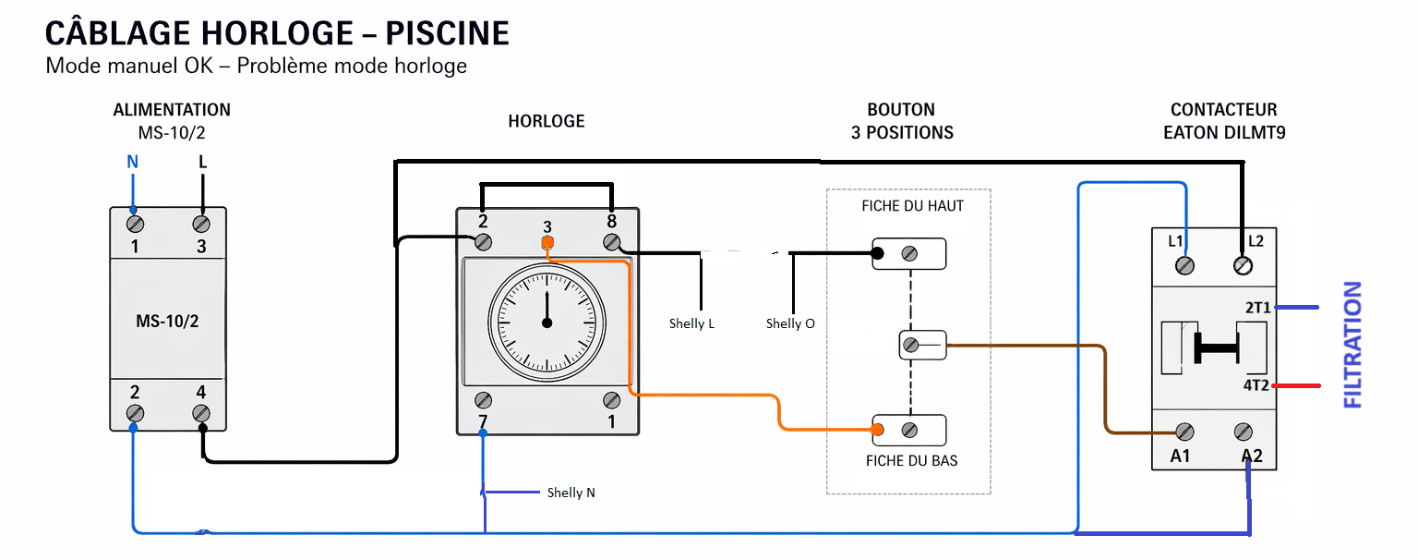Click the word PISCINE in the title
[447, 33]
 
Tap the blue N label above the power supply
[132, 163]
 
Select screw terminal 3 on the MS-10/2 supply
[201, 224]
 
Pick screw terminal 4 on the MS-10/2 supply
[201, 413]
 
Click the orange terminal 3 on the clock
[547, 244]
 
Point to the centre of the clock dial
[547, 323]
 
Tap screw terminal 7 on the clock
[483, 400]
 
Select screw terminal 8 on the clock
[611, 242]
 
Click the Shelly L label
[691, 323]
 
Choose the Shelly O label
[790, 323]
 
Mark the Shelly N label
[571, 493]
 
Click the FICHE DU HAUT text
[912, 206]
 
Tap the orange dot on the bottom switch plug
[878, 430]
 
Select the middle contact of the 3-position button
[911, 346]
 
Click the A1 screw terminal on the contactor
[1184, 432]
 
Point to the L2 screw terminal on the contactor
[1244, 266]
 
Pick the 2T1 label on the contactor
[1256, 308]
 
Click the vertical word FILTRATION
[1352, 345]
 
